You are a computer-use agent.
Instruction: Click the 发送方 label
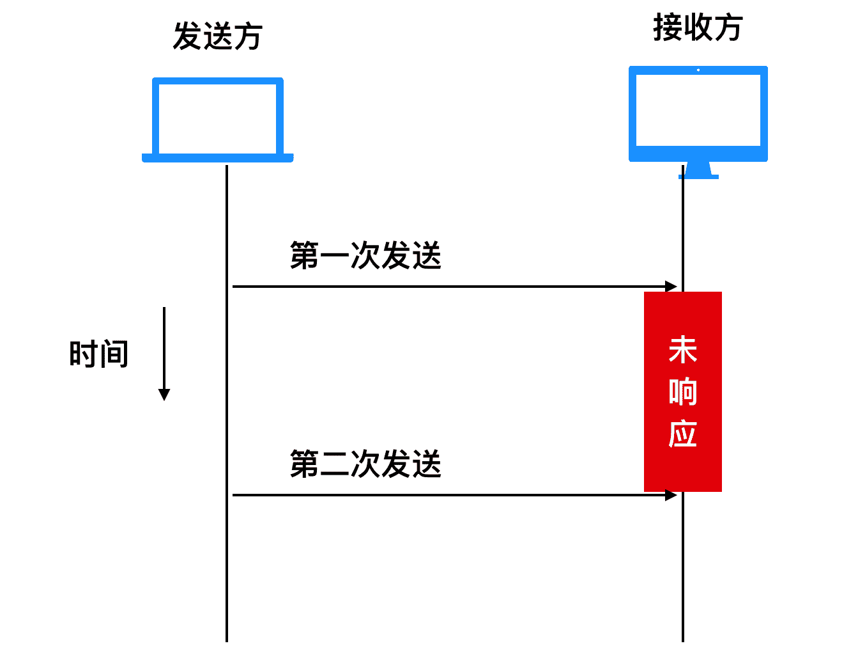217,36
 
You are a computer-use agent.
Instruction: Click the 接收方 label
697,28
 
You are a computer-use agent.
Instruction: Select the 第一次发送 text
365,256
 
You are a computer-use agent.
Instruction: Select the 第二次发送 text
365,464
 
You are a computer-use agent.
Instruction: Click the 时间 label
99,354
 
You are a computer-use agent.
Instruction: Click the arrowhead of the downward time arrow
164,395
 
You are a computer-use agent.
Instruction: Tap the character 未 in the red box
682,351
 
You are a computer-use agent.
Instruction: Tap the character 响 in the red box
682,392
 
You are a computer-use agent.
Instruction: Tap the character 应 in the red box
682,434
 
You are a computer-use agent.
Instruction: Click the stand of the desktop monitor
698,171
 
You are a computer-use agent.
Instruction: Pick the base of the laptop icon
217,158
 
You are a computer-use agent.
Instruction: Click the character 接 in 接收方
668,28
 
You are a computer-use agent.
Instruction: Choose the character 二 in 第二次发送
335,464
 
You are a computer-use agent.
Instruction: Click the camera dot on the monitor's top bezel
698,70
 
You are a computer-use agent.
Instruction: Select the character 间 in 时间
114,354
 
